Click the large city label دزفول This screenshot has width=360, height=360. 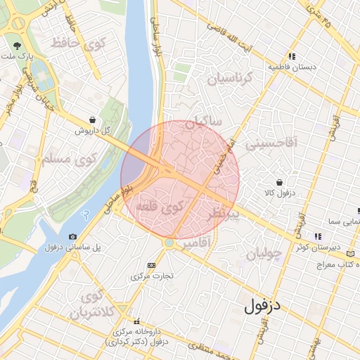[x=263, y=307]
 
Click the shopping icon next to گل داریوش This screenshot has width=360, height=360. [x=94, y=120]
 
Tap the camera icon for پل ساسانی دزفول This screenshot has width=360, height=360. [x=73, y=237]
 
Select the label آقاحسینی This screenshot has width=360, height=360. [x=272, y=144]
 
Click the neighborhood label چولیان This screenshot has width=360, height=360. [x=264, y=252]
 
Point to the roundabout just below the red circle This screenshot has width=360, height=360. [x=169, y=243]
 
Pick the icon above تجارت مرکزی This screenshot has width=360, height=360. [x=151, y=265]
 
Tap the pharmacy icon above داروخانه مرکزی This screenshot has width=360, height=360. [x=137, y=320]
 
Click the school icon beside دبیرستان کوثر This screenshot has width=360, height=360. [x=318, y=237]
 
